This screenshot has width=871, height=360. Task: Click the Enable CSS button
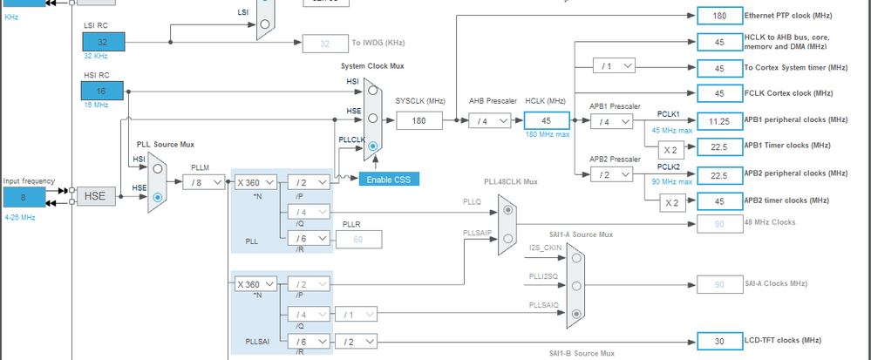pyautogui.click(x=390, y=179)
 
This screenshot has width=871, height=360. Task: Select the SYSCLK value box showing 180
pyautogui.click(x=418, y=121)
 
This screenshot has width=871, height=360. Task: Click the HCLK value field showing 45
pyautogui.click(x=547, y=121)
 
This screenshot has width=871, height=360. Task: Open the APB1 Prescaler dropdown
pyautogui.click(x=613, y=121)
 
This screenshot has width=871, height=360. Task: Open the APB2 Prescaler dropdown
pyautogui.click(x=613, y=174)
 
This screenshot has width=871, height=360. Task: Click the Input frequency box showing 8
pyautogui.click(x=23, y=197)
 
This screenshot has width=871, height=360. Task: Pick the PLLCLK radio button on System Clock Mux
pyautogui.click(x=374, y=146)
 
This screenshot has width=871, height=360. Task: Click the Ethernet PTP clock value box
pyautogui.click(x=718, y=16)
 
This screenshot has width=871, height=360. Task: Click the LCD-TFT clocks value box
pyautogui.click(x=718, y=341)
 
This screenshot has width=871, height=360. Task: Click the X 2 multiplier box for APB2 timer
pyautogui.click(x=670, y=201)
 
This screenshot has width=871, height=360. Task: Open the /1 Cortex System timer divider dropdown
pyautogui.click(x=613, y=65)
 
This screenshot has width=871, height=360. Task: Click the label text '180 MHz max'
pyautogui.click(x=547, y=134)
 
